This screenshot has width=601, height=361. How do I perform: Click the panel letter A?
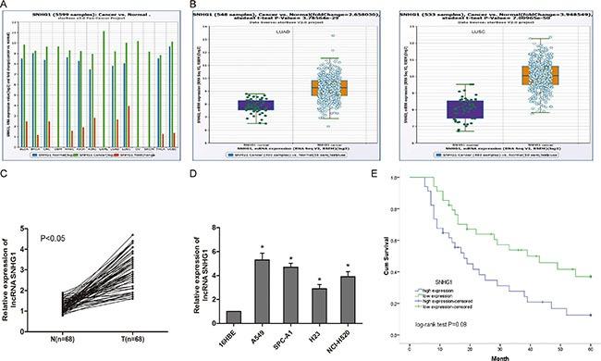pyautogui.click(x=6, y=6)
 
